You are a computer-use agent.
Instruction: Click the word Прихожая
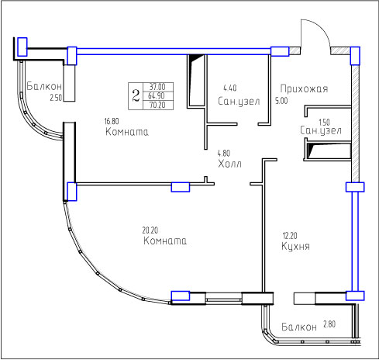(x=304, y=88)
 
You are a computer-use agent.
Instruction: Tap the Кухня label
(x=295, y=246)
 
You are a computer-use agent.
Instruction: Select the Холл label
(x=229, y=164)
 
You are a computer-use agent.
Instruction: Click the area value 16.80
(x=112, y=121)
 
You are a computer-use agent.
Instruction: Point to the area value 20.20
(x=150, y=230)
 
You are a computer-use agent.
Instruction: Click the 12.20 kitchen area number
(x=290, y=236)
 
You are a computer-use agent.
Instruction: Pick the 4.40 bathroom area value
(x=230, y=88)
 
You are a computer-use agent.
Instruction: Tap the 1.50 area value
(x=324, y=122)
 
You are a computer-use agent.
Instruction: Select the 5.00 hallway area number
(x=281, y=101)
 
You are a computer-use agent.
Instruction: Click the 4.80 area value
(x=224, y=153)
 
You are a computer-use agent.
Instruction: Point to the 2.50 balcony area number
(x=56, y=98)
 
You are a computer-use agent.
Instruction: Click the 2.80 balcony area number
(x=329, y=324)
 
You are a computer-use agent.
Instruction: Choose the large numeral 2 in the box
(x=136, y=95)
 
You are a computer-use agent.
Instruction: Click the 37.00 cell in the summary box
(x=157, y=86)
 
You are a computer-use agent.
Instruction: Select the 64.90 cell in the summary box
(x=157, y=95)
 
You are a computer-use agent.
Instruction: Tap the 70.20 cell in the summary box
(x=157, y=105)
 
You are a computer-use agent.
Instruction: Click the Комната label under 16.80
(x=127, y=132)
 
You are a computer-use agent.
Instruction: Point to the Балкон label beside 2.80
(x=299, y=327)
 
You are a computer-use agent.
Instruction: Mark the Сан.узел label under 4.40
(x=239, y=101)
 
